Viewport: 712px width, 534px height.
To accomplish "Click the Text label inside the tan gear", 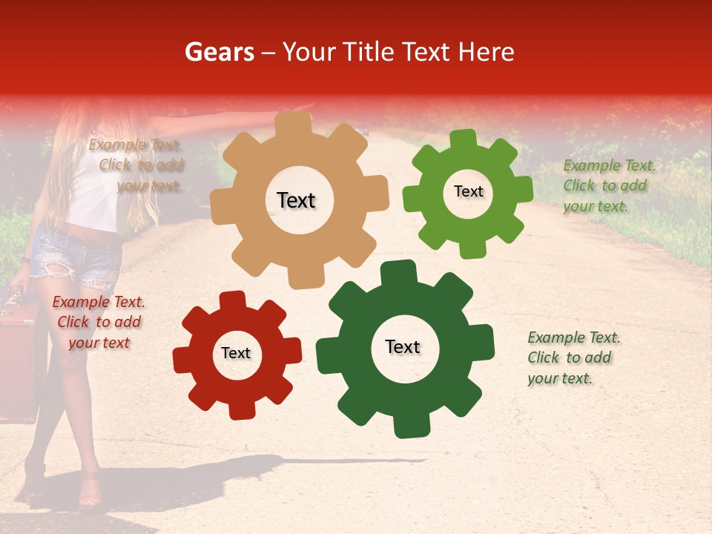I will pos(296,200).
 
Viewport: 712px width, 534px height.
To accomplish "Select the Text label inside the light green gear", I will pos(468,191).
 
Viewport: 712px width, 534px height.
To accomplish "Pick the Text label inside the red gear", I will pos(236,353).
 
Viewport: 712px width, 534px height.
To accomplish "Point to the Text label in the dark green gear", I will pos(403,347).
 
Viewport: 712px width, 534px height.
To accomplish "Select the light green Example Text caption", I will pos(608,185).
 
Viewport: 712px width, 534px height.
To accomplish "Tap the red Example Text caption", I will pos(99,322).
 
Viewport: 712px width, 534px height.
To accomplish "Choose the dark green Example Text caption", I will pos(573,357).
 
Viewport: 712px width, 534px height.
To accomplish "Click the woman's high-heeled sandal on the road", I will pos(89,495).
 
